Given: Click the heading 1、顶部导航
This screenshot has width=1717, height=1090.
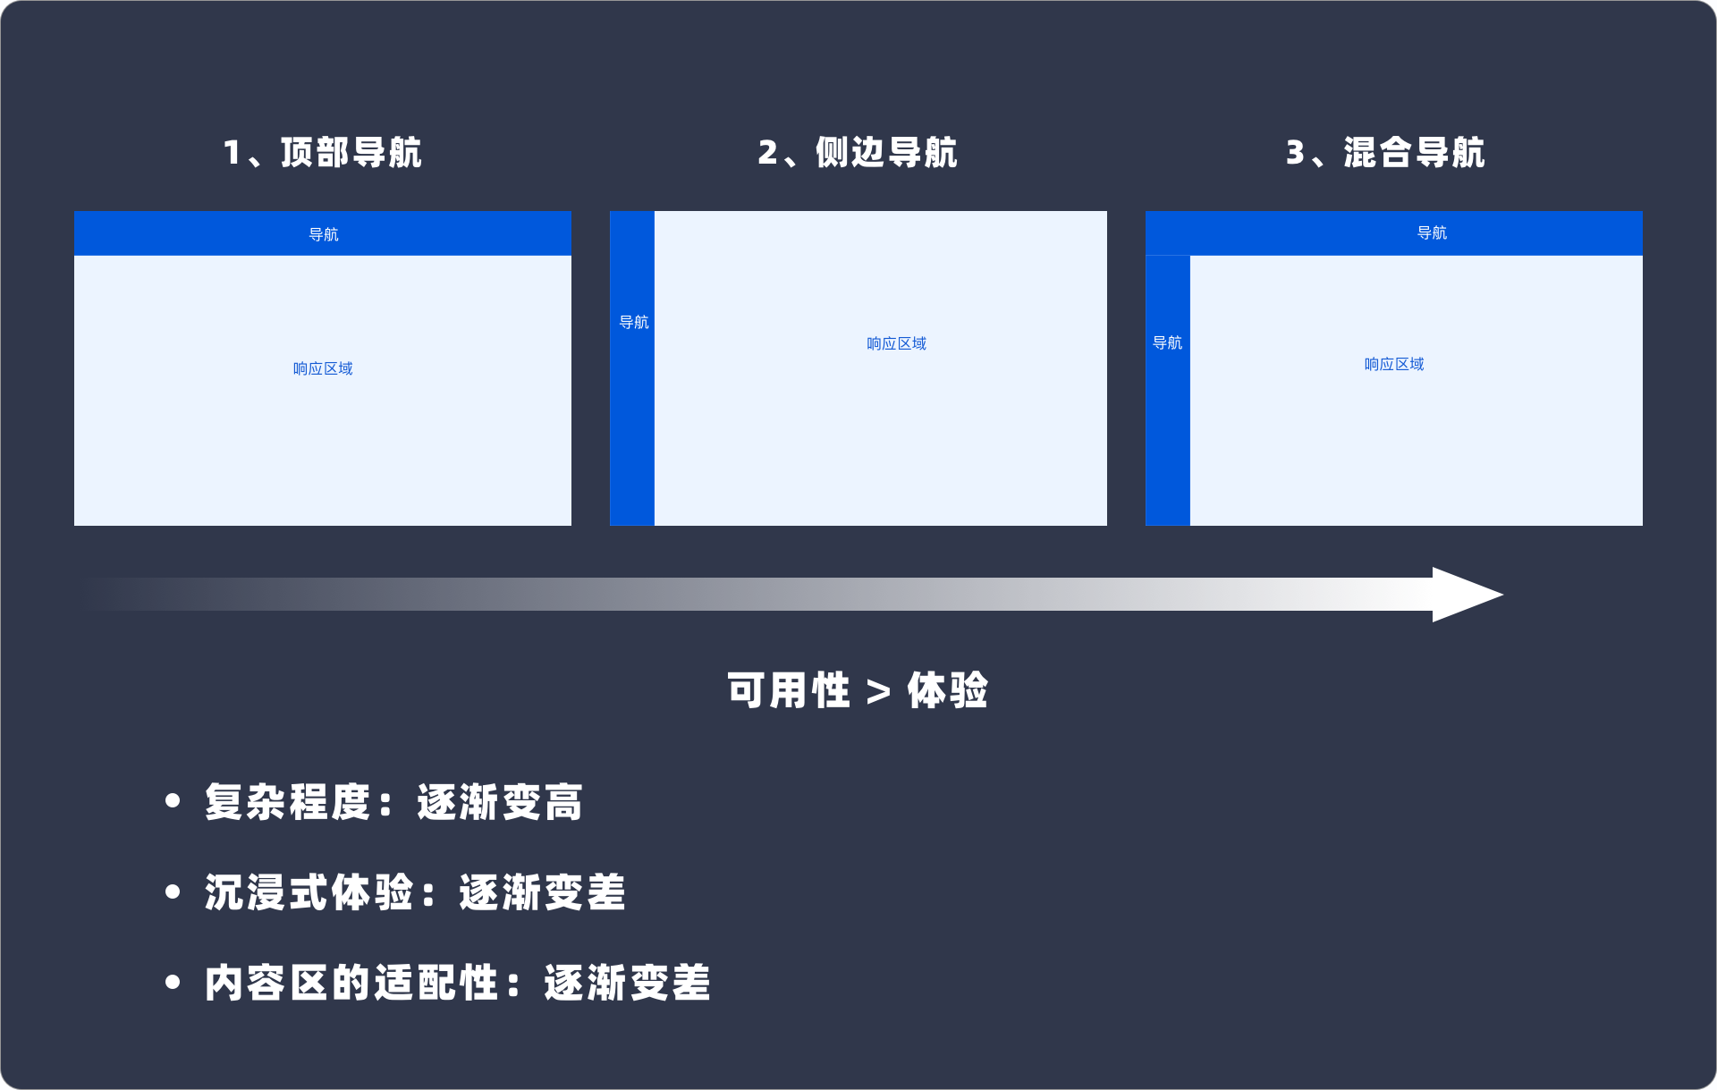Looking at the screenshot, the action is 322,153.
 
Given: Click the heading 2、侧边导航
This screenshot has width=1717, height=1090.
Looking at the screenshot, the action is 858,153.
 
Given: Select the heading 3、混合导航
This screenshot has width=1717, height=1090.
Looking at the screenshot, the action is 1385,153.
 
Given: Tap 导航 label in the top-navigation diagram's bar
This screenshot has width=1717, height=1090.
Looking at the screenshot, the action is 323,234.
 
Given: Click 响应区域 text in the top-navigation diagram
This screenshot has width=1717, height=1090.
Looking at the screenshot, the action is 323,368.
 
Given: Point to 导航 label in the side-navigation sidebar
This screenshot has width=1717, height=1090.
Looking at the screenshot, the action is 633,322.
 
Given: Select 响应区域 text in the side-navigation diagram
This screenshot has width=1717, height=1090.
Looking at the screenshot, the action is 896,343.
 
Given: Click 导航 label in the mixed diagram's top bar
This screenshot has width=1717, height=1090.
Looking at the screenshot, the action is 1432,232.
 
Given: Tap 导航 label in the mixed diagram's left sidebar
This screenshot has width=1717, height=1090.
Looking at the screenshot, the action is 1167,342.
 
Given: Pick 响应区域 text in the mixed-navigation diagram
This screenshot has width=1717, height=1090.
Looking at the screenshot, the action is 1394,364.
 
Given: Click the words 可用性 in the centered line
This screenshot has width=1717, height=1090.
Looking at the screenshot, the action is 788,690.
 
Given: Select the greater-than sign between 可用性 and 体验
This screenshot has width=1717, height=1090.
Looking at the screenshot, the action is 878,691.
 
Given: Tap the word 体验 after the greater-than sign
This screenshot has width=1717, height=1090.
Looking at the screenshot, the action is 948,690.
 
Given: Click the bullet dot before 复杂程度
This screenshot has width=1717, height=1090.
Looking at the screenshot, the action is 173,801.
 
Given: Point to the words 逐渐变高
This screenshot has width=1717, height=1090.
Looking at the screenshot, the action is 500,802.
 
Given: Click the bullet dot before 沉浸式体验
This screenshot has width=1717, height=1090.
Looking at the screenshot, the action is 173,891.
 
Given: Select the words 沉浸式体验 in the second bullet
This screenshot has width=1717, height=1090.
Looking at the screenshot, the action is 309,892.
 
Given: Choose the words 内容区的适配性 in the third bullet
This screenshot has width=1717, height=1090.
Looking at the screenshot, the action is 351,983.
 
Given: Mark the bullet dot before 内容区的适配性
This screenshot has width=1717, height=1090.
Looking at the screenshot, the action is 173,982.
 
